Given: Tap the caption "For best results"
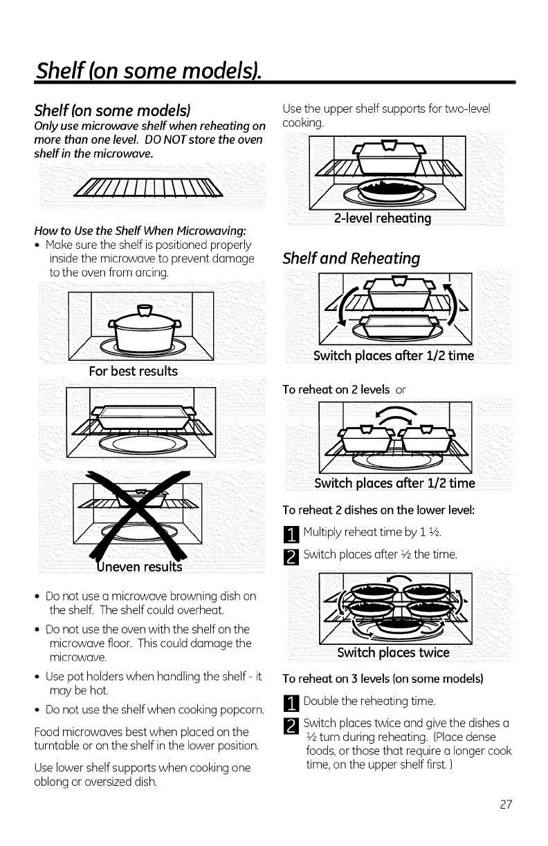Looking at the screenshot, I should (133, 371).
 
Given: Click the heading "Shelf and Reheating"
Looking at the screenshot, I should (351, 259).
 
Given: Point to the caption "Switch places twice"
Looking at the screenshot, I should (393, 653).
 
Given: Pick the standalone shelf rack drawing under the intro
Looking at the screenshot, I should (152, 187).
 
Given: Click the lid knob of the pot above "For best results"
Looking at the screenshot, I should (145, 309).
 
